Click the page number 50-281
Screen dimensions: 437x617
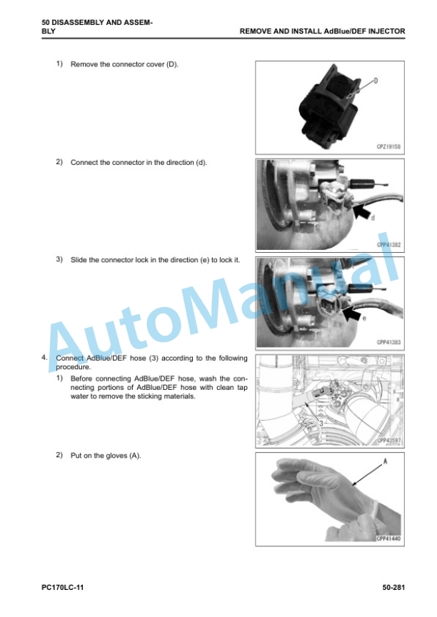coord(393,588)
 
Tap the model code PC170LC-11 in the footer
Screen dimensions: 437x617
coord(63,588)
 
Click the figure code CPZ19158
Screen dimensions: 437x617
coord(388,147)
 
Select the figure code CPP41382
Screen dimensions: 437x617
coord(388,245)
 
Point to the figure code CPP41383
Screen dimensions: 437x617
coord(388,342)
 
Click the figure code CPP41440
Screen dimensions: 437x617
coord(388,538)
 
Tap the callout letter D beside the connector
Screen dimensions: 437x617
coord(376,81)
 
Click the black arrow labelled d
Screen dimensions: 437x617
coord(362,213)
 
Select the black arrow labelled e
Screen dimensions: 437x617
coord(352,313)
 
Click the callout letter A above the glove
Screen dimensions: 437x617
coord(385,461)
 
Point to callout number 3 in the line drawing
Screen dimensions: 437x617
coord(321,423)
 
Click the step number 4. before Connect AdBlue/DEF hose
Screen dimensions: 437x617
coord(44,358)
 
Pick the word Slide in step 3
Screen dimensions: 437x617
coord(79,260)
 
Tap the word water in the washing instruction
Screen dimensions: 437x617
coord(80,396)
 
